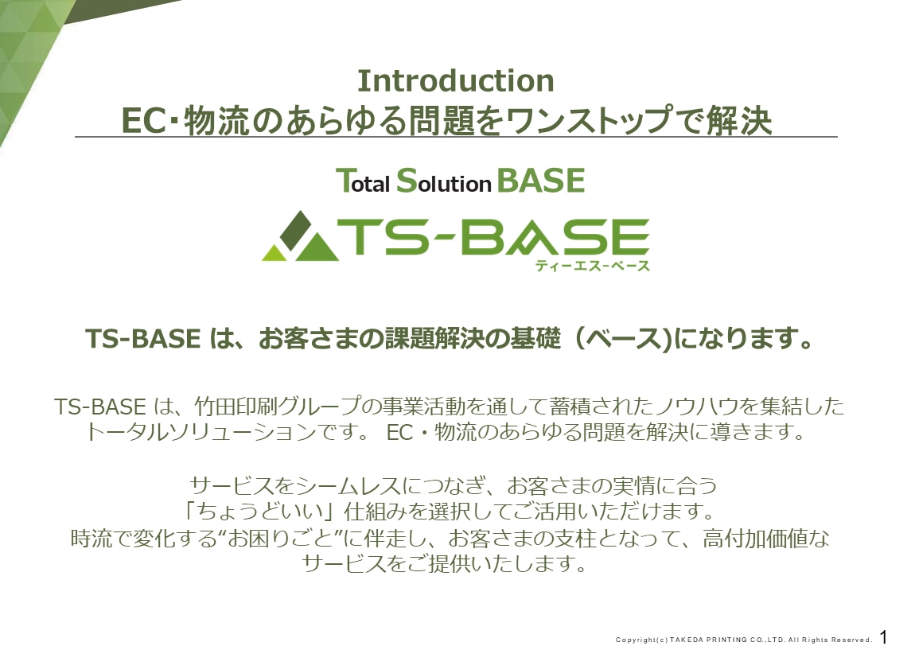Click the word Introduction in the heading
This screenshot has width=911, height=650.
455,80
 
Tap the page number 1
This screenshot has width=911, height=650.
884,636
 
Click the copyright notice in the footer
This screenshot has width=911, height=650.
744,640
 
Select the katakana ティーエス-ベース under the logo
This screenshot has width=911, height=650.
592,266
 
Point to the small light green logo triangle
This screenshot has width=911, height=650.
274,253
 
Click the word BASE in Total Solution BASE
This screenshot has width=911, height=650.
541,180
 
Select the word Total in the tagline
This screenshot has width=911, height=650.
363,181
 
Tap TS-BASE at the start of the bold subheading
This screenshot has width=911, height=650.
143,339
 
